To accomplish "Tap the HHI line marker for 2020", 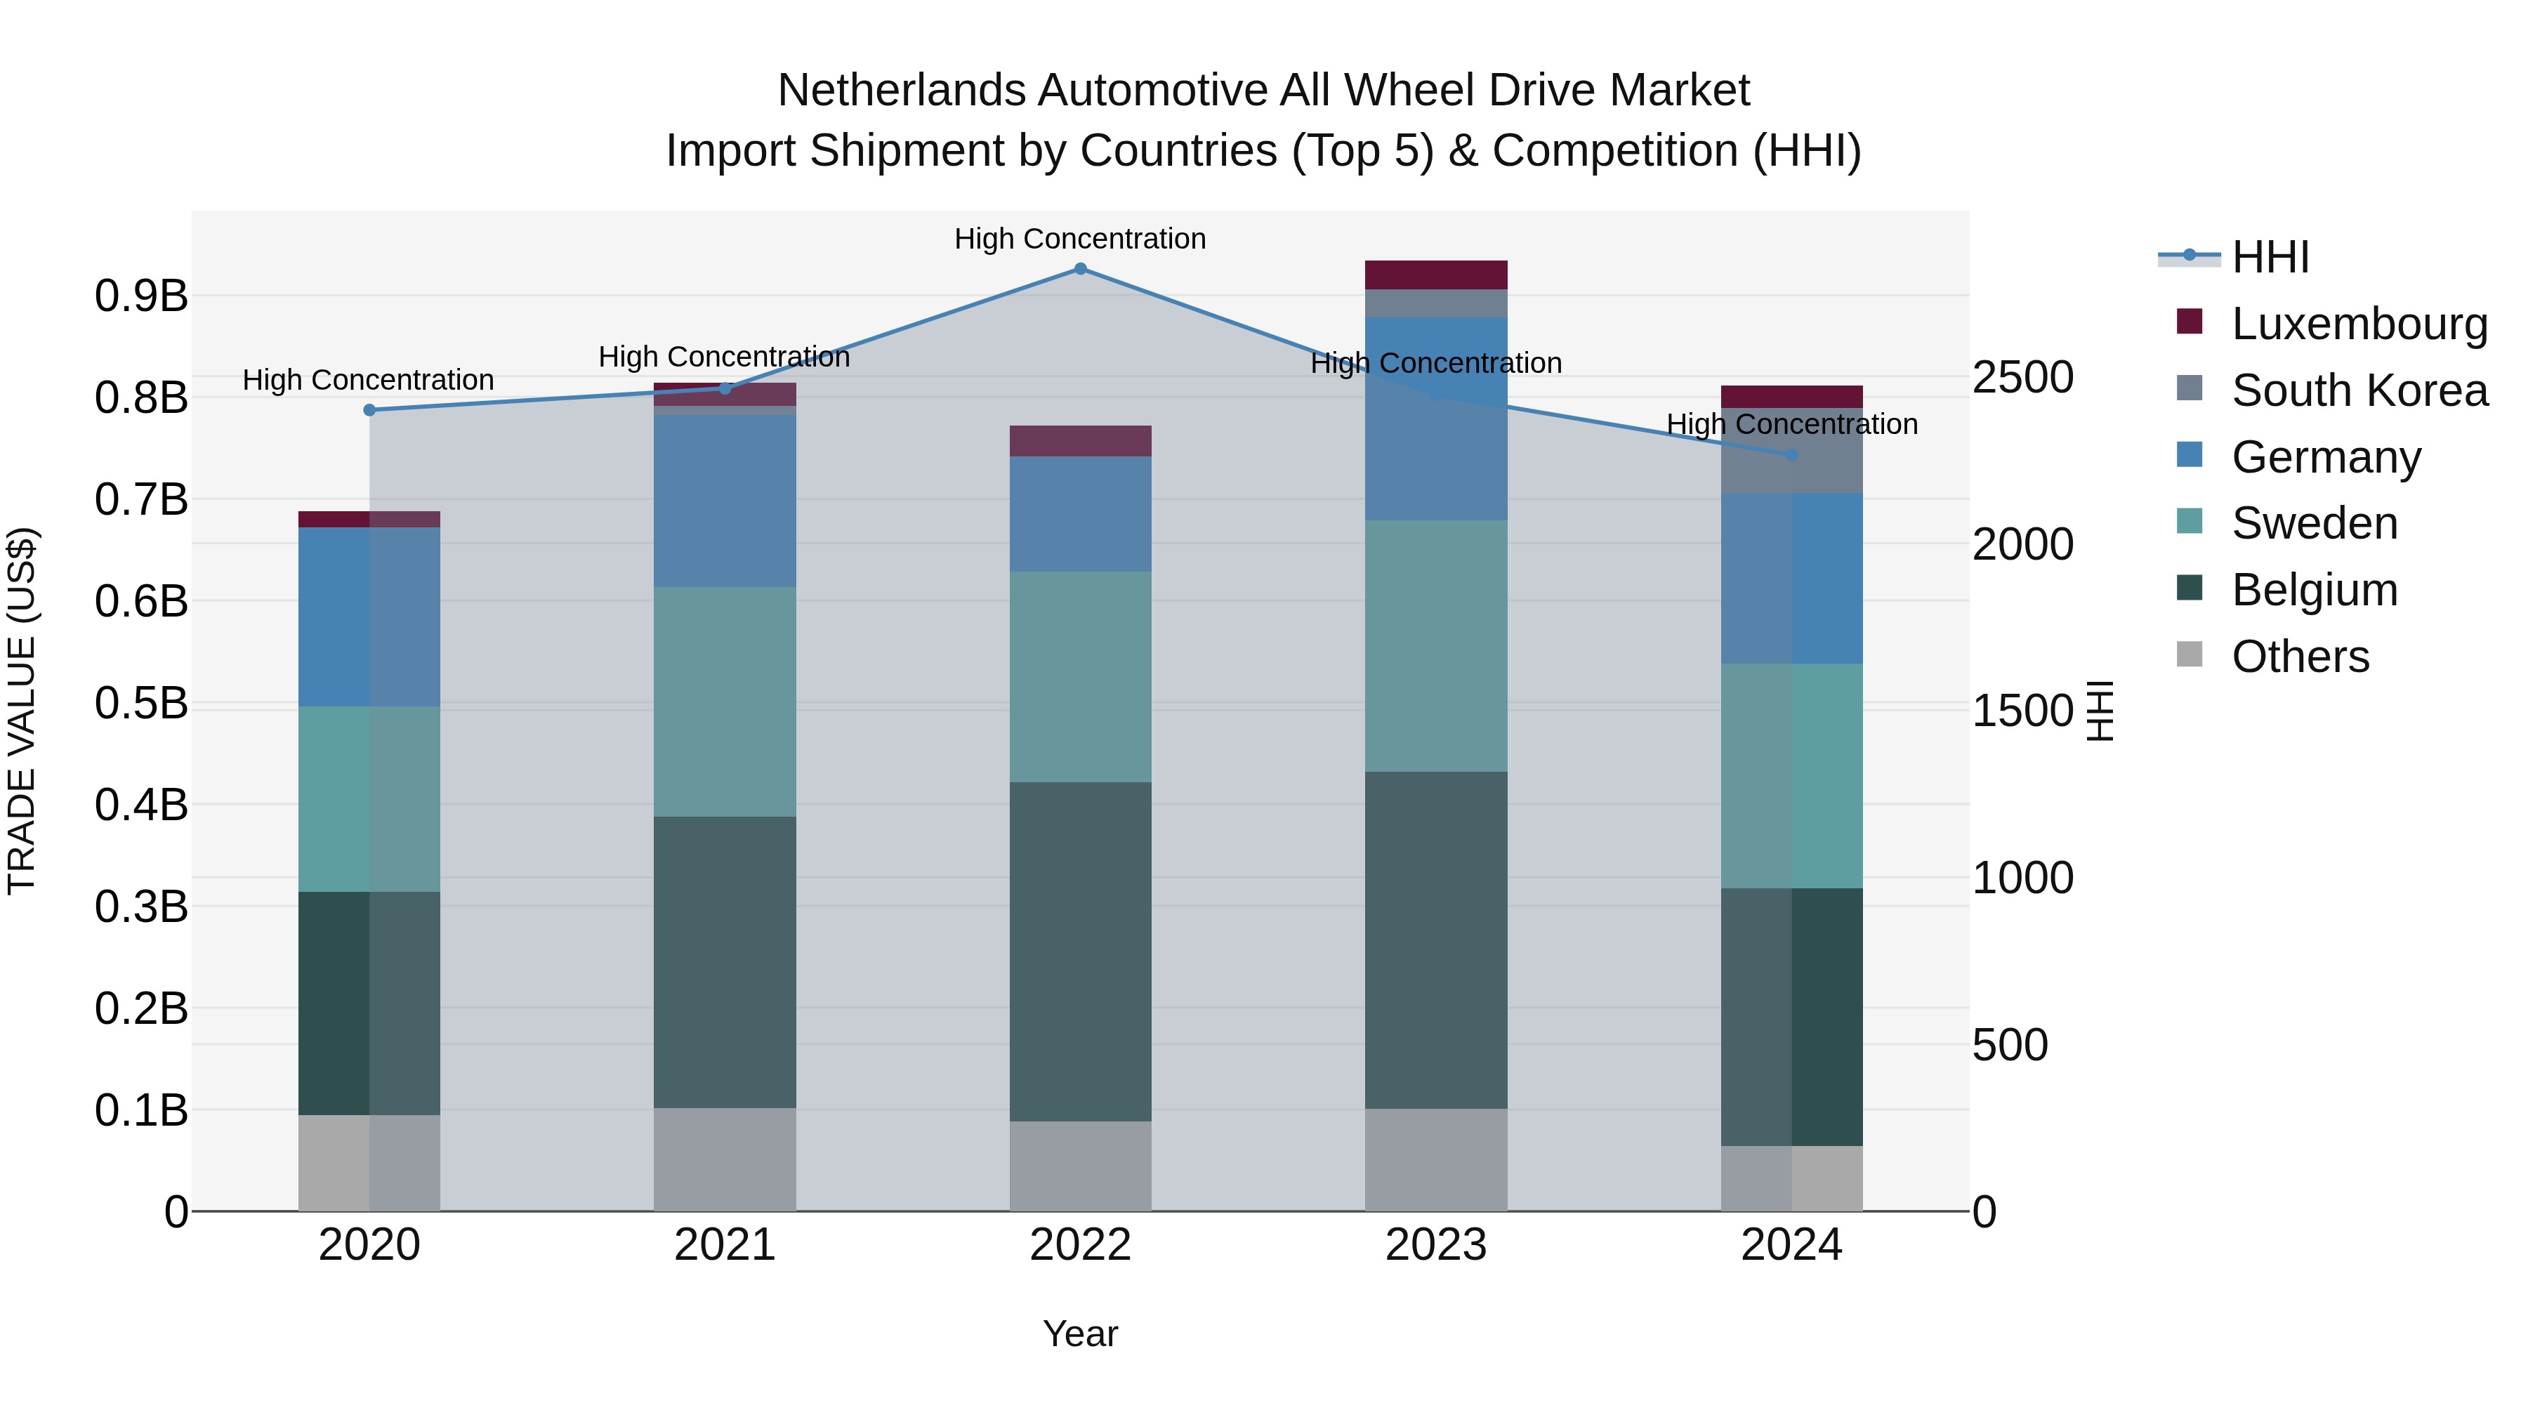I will click(x=369, y=410).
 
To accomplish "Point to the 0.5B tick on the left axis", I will click(x=141, y=703).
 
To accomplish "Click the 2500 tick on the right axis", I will click(x=2024, y=378).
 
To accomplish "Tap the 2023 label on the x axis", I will click(x=1436, y=1245).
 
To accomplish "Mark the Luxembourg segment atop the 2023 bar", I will click(x=1436, y=275).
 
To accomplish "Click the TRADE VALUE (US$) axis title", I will click(x=22, y=711).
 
